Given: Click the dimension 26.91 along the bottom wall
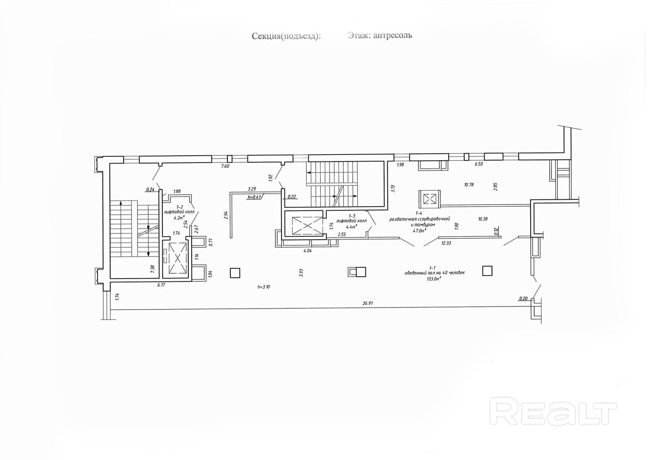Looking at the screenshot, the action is tap(368, 303).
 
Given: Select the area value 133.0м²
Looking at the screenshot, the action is tap(434, 279).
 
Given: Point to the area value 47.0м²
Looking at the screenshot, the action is tap(419, 230).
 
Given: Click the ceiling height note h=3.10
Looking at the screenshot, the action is tap(264, 287).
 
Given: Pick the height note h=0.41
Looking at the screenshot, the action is tap(254, 197).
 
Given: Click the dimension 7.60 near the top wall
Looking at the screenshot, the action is tap(225, 166).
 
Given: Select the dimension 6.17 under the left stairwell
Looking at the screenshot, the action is tap(162, 286).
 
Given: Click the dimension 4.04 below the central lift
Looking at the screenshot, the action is tap(308, 251).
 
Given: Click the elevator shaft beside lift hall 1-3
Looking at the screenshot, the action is tap(303, 223).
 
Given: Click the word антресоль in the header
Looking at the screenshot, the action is tap(394, 35).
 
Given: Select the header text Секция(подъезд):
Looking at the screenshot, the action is tap(286, 36).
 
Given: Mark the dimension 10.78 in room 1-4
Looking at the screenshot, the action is tap(469, 185).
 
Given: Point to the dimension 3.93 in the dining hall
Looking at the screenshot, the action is tap(301, 273).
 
